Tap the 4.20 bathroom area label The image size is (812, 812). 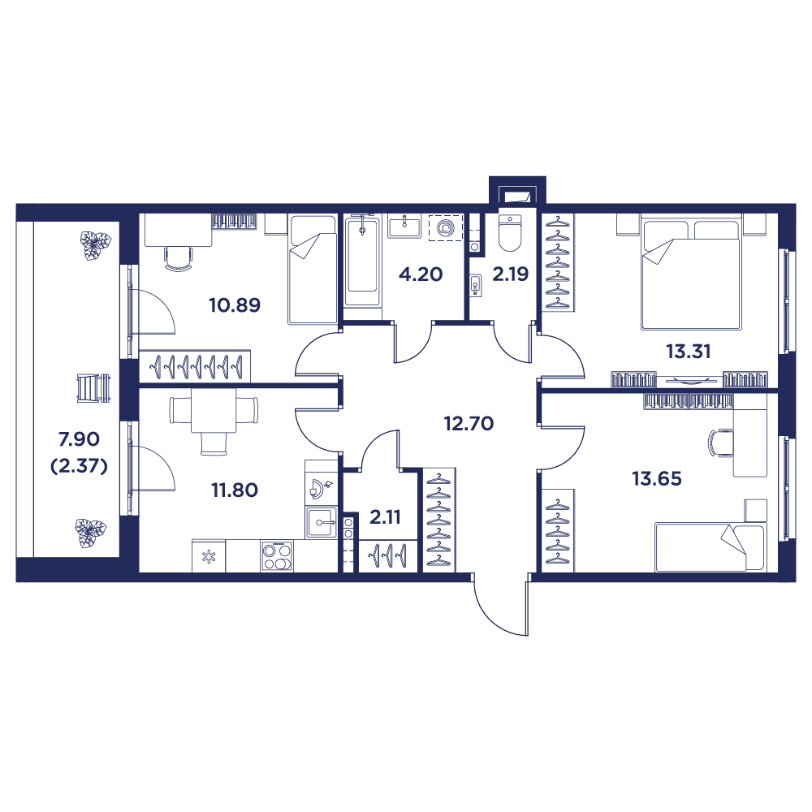[x=420, y=274]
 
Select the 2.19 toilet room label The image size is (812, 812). [x=511, y=274]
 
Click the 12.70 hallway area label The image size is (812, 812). [x=469, y=422]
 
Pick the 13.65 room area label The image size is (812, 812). [x=657, y=478]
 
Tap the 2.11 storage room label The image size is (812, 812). [x=384, y=516]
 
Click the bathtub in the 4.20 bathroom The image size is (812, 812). [x=361, y=258]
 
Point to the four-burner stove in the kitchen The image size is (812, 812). [x=277, y=557]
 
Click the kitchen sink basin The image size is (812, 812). [x=322, y=521]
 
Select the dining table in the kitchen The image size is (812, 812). [x=214, y=411]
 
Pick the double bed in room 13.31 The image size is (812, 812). [x=691, y=272]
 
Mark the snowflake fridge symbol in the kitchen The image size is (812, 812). [x=209, y=556]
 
